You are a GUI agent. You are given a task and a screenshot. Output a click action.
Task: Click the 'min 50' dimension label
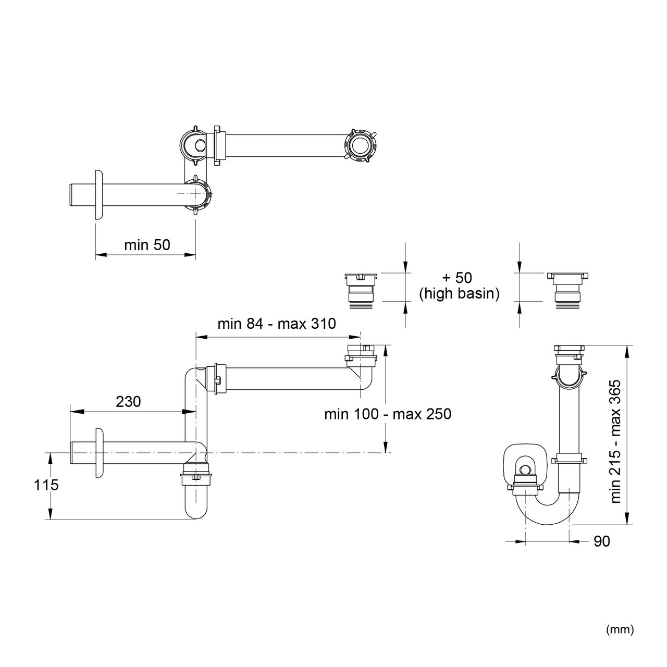coord(147,245)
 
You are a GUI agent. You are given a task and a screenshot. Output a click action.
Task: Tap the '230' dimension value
coord(128,401)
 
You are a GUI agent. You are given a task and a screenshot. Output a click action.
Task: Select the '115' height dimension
coord(46,485)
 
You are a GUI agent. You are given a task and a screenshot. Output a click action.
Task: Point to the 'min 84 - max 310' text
coord(277,324)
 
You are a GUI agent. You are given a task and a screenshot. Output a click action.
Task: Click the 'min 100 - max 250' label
coord(387,414)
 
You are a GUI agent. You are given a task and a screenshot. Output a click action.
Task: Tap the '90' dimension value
coord(601,541)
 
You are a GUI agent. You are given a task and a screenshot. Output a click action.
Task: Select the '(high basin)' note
coord(460,294)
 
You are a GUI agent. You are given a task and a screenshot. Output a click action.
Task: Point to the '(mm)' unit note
coord(620,629)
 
